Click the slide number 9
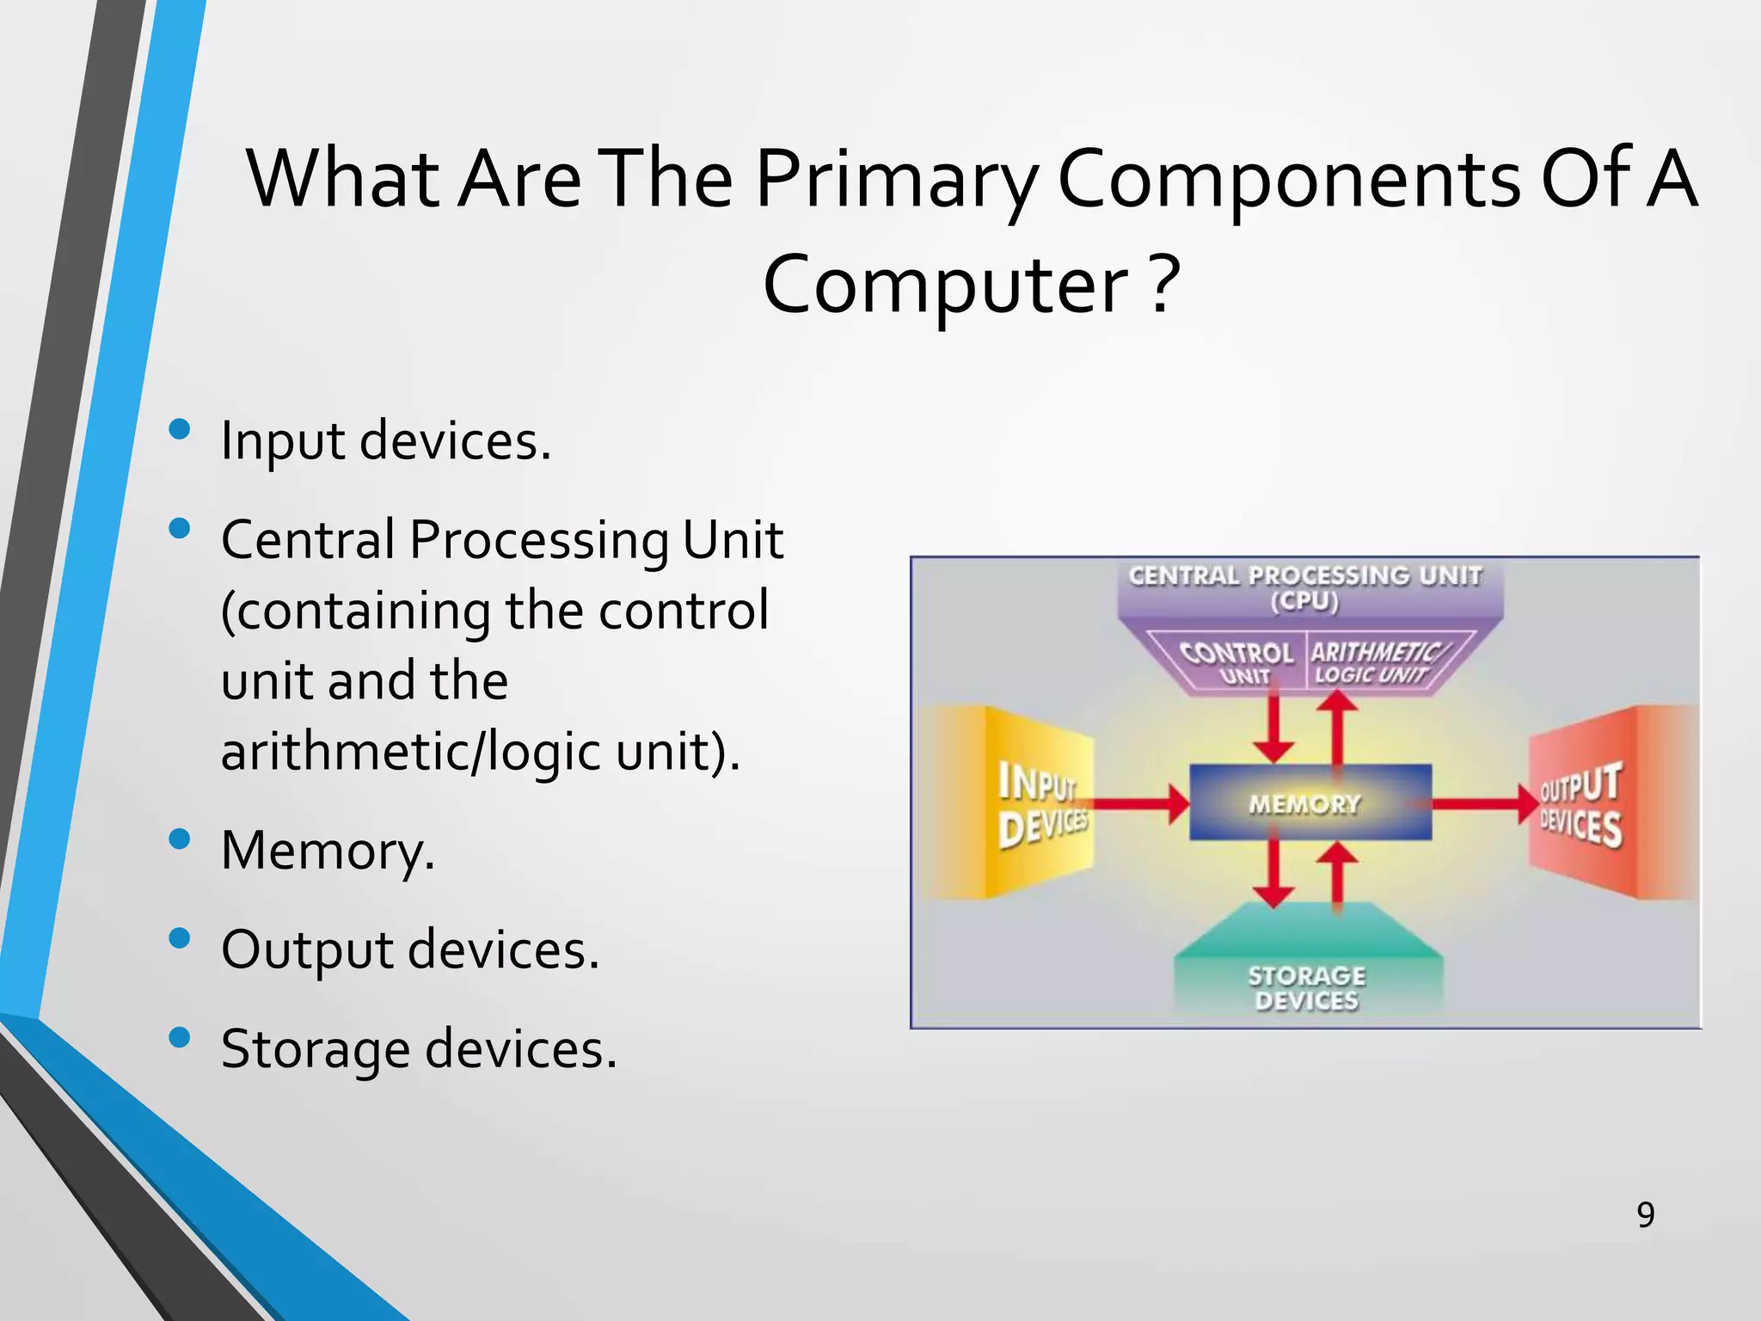pos(1645,1215)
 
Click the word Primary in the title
pos(894,181)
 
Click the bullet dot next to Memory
pos(180,839)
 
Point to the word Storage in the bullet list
pos(315,1049)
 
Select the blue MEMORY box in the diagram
pos(1309,803)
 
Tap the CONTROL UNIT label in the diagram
pos(1236,661)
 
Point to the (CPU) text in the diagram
pos(1304,601)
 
